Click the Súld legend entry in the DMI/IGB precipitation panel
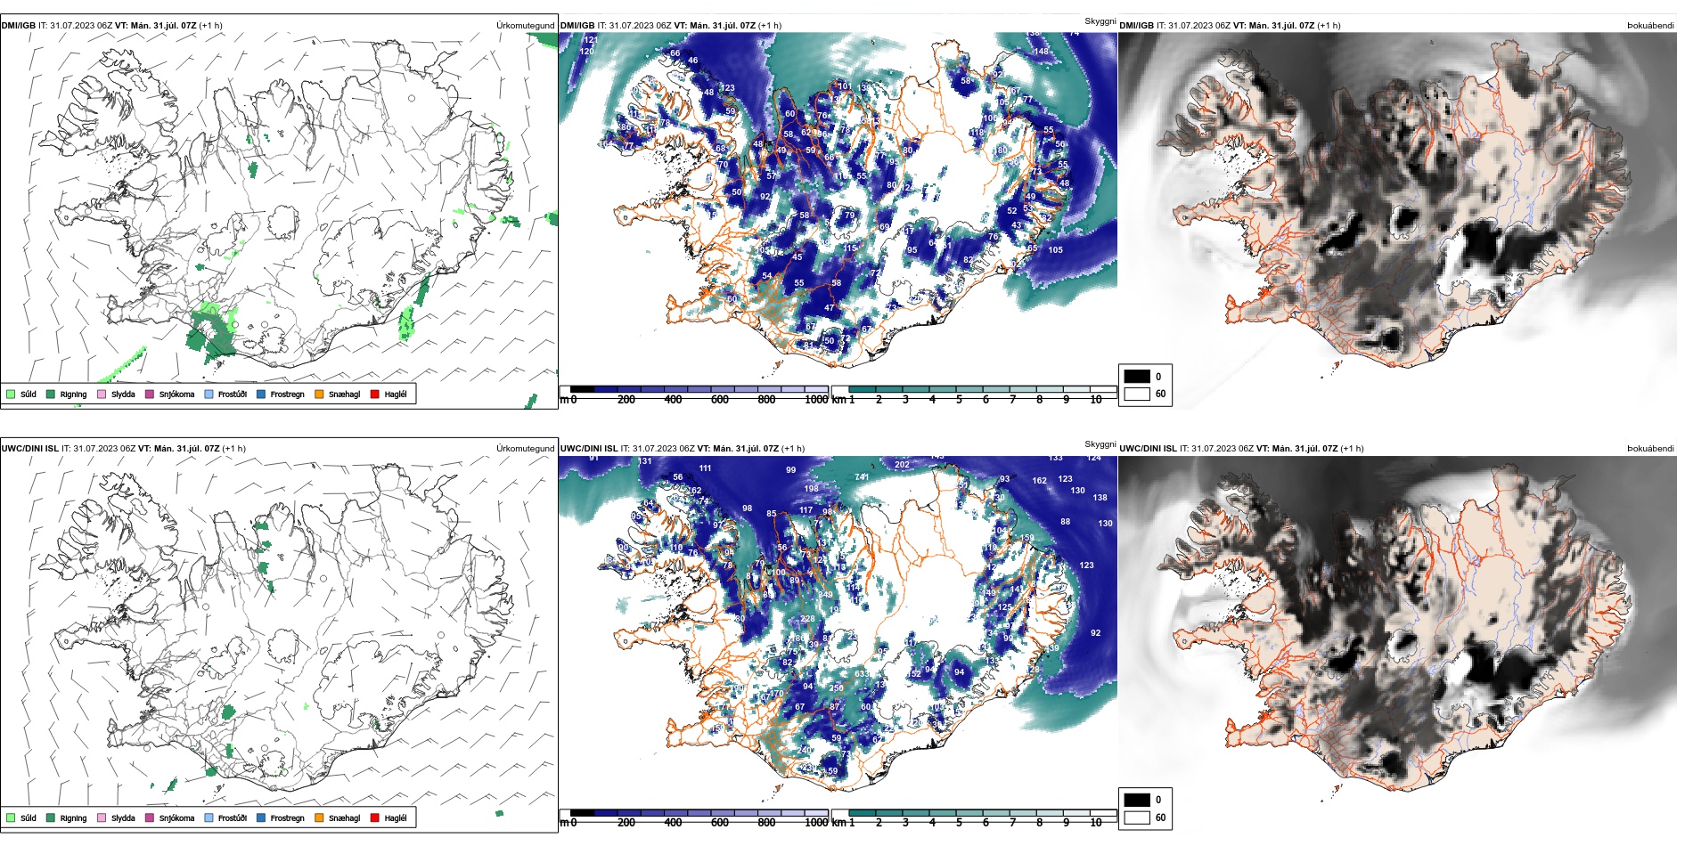(x=21, y=394)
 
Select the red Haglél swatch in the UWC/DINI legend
(x=375, y=818)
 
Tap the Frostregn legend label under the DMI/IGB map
(x=287, y=394)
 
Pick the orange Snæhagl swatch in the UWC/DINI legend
(x=319, y=818)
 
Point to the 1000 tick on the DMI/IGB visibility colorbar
(x=816, y=400)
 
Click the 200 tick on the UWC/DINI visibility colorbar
(x=626, y=823)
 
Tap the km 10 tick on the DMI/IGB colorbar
(x=1096, y=400)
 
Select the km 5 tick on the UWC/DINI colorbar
(x=960, y=823)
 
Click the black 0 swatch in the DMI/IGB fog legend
(x=1137, y=376)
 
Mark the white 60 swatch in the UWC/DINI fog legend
(x=1137, y=818)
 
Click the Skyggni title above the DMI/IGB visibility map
(x=1100, y=21)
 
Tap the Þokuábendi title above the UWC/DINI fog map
(x=1650, y=449)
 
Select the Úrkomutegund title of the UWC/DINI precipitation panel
(x=525, y=449)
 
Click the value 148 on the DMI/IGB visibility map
(x=1041, y=52)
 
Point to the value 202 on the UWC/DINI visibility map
(x=902, y=465)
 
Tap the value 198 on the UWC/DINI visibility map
(x=811, y=488)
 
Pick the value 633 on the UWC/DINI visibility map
(x=862, y=674)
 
